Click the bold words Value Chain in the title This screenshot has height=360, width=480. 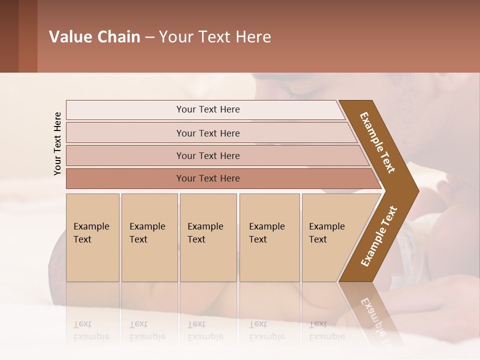(94, 37)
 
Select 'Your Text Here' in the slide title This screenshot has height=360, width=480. (215, 37)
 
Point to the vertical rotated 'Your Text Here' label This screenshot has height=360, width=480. (57, 143)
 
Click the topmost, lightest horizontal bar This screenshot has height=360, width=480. (208, 109)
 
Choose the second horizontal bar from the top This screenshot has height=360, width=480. (208, 133)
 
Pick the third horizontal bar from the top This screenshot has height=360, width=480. (208, 155)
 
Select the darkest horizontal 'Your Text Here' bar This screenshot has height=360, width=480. (208, 178)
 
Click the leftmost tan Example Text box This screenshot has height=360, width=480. (92, 237)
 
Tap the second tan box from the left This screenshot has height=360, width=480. (149, 237)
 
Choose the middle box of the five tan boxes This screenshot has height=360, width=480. (208, 237)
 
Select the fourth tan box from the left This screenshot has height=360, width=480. (269, 237)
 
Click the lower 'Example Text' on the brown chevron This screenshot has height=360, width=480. (379, 236)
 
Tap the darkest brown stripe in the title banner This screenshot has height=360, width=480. (9, 36)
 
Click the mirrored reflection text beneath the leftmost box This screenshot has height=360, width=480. (91, 330)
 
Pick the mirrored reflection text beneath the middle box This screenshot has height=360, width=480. (205, 330)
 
